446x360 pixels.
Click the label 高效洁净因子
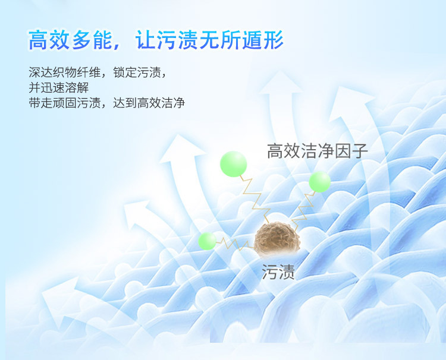pyautogui.click(x=318, y=150)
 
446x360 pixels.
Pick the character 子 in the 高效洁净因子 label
pyautogui.click(x=360, y=150)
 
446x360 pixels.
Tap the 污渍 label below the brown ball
pyautogui.click(x=278, y=273)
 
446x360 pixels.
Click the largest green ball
pyautogui.click(x=233, y=165)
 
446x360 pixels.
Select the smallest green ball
pyautogui.click(x=207, y=241)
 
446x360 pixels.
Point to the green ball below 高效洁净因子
pyautogui.click(x=319, y=182)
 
